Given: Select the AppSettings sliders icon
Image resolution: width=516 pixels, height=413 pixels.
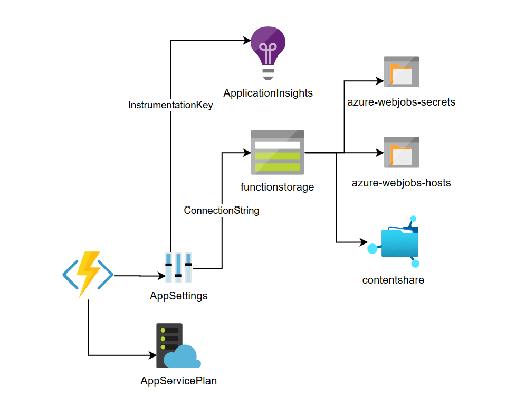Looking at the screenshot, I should point(178,268).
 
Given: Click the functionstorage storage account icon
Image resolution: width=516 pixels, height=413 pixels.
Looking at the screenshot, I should point(278,153).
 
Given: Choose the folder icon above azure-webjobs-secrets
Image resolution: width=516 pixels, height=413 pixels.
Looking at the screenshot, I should point(402,71).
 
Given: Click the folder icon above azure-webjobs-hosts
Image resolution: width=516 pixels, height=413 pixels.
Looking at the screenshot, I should point(402,153).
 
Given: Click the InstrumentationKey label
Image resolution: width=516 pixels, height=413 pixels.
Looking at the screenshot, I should point(170,105).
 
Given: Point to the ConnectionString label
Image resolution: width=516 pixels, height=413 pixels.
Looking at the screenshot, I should point(222,210).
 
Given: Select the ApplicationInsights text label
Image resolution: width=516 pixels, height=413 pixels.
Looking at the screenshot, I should point(268,93).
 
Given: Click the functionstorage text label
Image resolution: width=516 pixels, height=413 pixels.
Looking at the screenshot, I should point(277,187).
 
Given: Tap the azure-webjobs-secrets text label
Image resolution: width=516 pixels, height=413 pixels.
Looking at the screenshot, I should point(401,102).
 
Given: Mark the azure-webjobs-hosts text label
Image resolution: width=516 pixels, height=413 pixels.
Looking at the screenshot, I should point(401,183).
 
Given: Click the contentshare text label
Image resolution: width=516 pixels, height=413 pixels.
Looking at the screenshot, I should point(393,280).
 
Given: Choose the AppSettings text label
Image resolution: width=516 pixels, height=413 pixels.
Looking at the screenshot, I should point(179,296).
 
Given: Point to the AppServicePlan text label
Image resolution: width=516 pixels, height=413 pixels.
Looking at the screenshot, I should point(178,381).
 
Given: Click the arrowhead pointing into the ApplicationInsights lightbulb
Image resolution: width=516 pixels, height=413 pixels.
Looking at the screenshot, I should point(246,40).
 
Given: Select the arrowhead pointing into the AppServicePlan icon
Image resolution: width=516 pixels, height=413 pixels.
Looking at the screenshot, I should point(152,355).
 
